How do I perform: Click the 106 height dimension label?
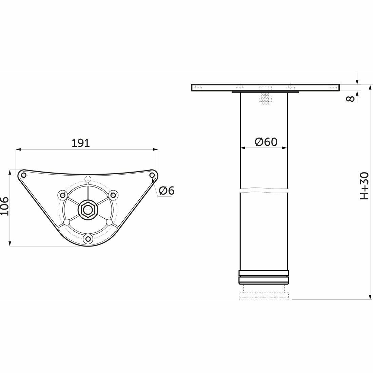(4, 206)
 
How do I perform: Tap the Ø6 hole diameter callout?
(166, 191)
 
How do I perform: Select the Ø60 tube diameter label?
(266, 142)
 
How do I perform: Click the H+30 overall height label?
(364, 185)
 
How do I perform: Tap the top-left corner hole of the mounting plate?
(23, 175)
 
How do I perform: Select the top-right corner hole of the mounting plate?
(152, 175)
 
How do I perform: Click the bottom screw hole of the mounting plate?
(89, 239)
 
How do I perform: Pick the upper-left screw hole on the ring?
(62, 195)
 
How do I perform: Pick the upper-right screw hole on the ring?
(113, 195)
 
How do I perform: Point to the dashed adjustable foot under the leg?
(264, 295)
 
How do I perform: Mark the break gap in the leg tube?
(264, 191)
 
